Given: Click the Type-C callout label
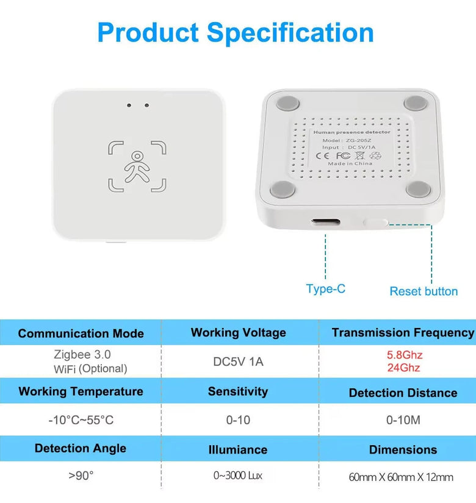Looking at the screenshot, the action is tap(325, 289).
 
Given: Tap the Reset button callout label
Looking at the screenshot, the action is tap(424, 291).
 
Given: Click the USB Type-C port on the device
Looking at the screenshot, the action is tap(325, 222).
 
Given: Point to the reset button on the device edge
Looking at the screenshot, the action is tap(376, 222).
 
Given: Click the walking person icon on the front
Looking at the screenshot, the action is tap(137, 167).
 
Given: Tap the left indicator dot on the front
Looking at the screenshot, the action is tap(129, 105).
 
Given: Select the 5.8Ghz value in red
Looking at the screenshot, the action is tap(405, 355).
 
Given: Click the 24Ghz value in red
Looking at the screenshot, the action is tap(403, 367).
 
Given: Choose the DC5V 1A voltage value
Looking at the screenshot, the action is tap(238, 362).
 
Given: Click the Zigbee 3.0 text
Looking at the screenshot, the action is tap(82, 354).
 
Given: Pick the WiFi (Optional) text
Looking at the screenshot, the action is tap(90, 369).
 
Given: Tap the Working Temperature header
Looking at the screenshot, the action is tap(81, 391).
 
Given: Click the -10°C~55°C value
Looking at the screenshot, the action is tap(81, 420).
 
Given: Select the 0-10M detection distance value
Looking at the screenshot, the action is tap(403, 420).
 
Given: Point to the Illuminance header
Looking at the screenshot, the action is tap(237, 449).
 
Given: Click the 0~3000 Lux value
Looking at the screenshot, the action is tap(237, 476).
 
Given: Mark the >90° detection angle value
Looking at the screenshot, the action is tap(81, 476).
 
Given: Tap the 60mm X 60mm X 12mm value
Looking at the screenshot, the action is tap(401, 477).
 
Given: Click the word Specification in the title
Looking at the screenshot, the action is tap(290, 33).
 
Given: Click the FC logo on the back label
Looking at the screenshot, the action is tap(343, 155).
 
